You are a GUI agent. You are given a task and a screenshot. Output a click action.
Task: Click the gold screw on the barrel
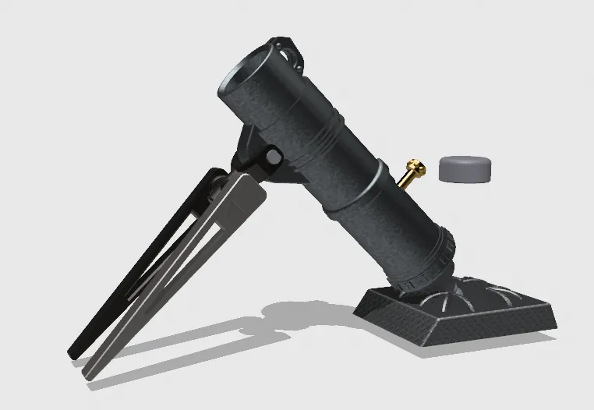point(414,167)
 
